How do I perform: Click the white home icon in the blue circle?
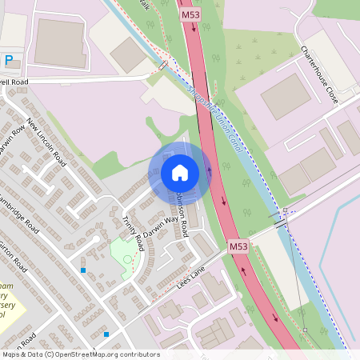point(179,172)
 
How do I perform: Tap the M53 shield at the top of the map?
point(190,14)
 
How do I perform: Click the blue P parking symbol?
point(9,59)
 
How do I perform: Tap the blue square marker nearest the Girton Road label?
point(83,270)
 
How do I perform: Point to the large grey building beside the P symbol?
point(59,42)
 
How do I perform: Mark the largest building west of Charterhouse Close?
point(286,96)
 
